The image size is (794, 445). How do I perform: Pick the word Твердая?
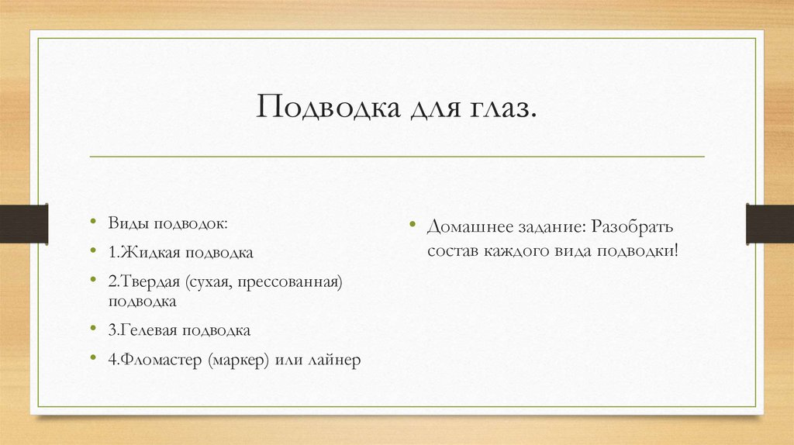click(150, 281)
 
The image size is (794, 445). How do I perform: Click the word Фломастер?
click(161, 360)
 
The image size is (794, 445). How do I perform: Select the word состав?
click(451, 252)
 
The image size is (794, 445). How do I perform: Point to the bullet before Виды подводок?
click(94, 223)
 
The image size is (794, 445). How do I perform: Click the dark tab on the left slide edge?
click(23, 223)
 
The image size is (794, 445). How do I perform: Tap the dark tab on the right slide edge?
click(770, 223)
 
